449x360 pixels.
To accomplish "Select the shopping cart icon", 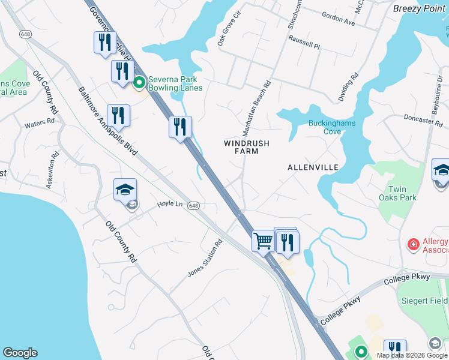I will tap(263, 241).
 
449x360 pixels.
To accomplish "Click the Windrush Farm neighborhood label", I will tap(246, 148).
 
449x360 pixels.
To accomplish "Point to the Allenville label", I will tap(313, 167).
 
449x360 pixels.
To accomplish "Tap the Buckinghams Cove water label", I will tap(332, 127).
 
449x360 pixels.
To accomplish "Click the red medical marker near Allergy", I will tap(413, 244).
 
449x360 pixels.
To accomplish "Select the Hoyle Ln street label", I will tap(170, 204).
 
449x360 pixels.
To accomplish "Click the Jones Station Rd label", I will tap(205, 258).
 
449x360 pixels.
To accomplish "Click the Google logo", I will tap(20, 353).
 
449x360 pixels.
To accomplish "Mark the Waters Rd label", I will tap(39, 124).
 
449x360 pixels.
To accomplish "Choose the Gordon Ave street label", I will tap(338, 19).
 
